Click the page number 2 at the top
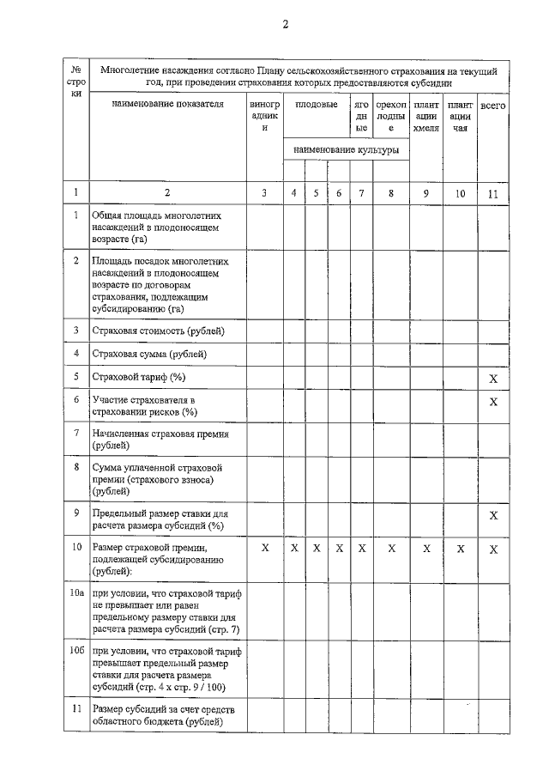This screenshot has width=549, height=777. [285, 24]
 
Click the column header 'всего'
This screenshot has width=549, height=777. [492, 105]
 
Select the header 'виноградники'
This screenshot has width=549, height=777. [264, 116]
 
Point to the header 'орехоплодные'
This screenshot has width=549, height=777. [390, 116]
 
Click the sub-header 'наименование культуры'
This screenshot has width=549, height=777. [346, 149]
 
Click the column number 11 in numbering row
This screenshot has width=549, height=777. [492, 193]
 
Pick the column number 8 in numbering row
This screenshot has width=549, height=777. [390, 193]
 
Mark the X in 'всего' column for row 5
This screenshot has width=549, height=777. [492, 379]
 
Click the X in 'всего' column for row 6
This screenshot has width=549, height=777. [492, 402]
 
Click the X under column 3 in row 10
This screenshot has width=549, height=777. [264, 548]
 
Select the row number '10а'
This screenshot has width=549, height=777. [76, 593]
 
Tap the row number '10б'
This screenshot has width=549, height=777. [76, 652]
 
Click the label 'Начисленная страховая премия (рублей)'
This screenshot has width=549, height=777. [161, 440]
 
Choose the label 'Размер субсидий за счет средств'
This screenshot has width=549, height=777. [163, 709]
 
